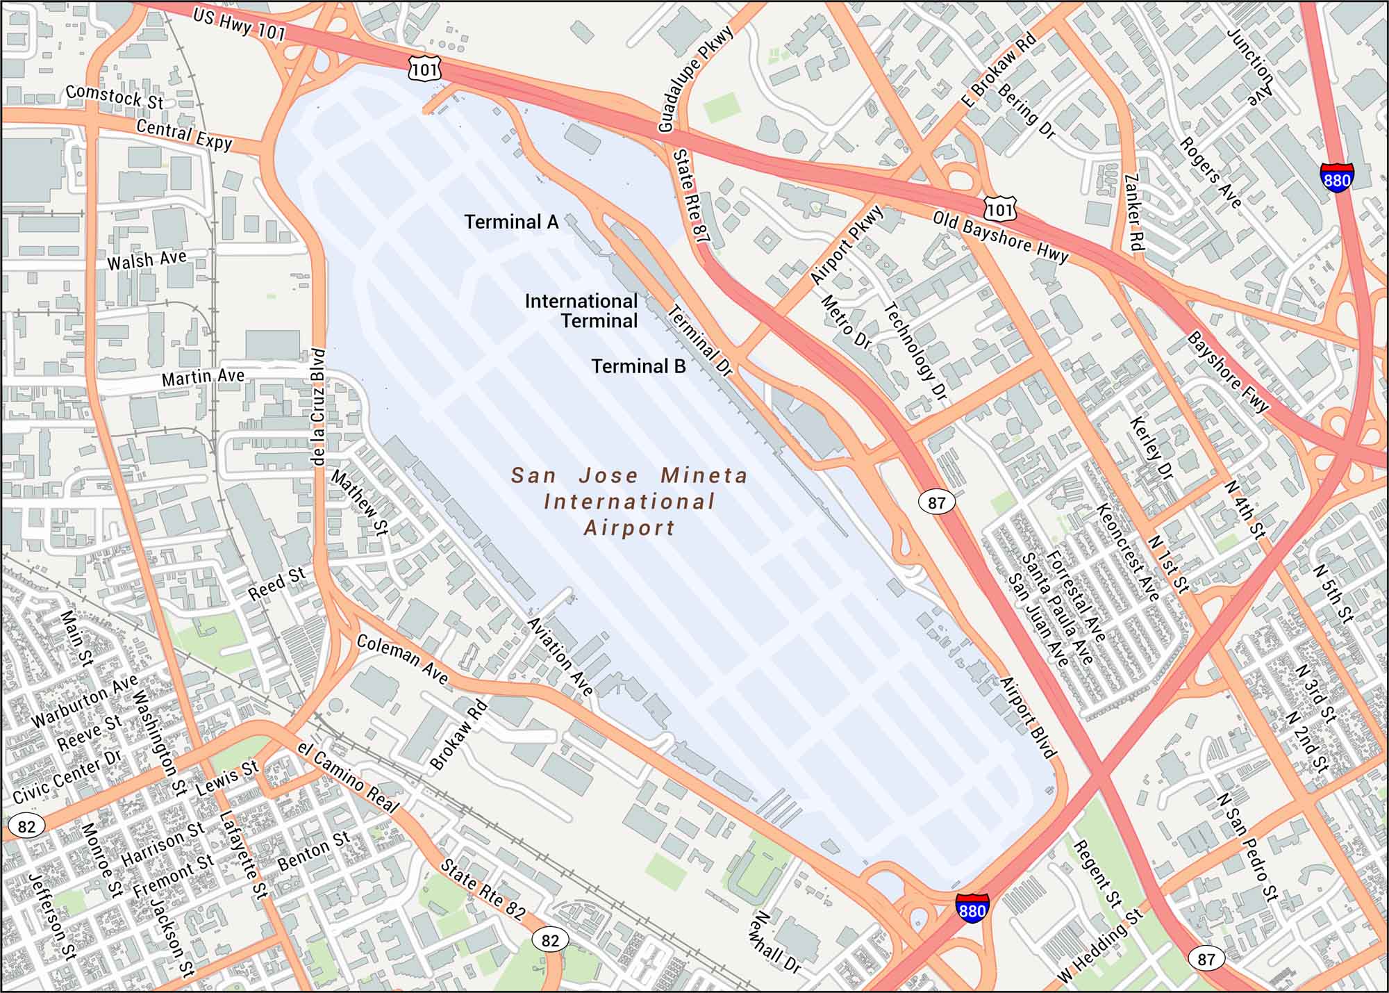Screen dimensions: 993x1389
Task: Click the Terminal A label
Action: pos(511,222)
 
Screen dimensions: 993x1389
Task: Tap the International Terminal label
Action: pos(581,311)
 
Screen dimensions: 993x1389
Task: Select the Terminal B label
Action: pos(638,366)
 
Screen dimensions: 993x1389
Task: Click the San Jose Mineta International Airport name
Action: pos(629,502)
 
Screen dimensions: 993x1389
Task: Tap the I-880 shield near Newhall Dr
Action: pos(972,908)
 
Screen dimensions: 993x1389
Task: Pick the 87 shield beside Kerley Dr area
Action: pos(937,502)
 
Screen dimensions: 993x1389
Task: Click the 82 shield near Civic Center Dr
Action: pos(26,826)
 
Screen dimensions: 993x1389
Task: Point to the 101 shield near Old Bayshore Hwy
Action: pos(999,208)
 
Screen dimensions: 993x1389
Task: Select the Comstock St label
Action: pos(115,97)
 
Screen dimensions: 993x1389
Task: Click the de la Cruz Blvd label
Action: pos(318,407)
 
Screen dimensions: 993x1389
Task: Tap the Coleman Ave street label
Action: pos(403,659)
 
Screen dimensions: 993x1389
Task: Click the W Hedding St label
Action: pos(1100,946)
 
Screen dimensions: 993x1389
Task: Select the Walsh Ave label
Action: pos(147,260)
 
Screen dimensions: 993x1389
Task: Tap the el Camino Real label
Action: pos(347,777)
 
